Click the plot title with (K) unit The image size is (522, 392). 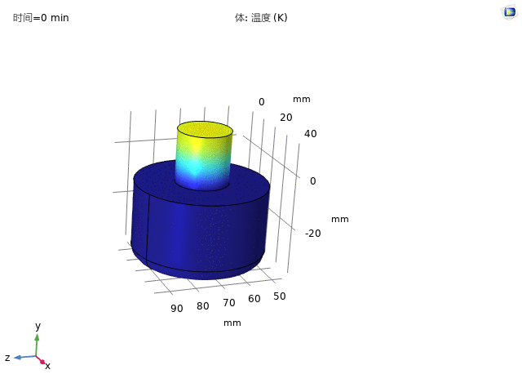point(261,17)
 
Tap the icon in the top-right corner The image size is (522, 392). point(509,13)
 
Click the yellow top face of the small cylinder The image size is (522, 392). point(205,129)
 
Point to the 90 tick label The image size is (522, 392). point(177,309)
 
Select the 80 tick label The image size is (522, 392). point(203,305)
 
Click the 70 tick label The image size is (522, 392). point(229,303)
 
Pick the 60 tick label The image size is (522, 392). point(254,299)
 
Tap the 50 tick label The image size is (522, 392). point(279,296)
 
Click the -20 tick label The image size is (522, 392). point(312,234)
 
